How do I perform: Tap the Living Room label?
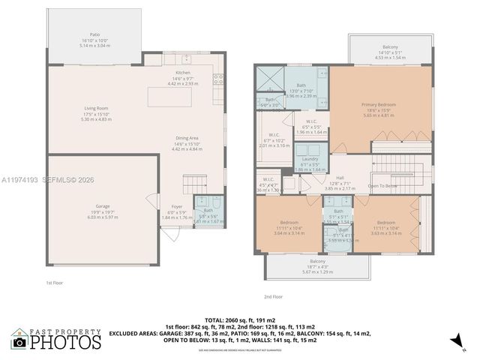coord(96,113)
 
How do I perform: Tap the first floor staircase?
coord(195,183)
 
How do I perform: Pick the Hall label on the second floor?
coord(339,179)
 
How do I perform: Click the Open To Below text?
coord(382,186)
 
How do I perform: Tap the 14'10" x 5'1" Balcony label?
coord(389,52)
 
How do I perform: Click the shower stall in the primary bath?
coord(267,79)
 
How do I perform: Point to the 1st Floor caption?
coord(55,283)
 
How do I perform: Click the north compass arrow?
coord(454,341)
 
